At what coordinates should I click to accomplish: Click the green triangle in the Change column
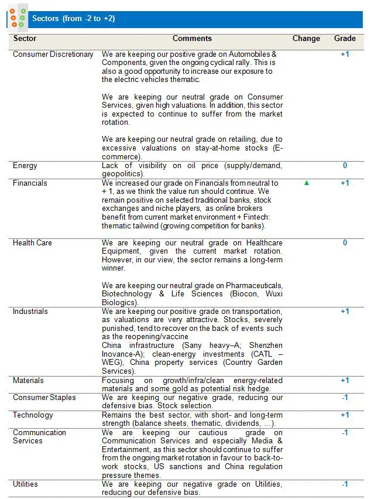(306, 183)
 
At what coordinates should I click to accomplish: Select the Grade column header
(345, 39)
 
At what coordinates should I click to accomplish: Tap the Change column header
(306, 39)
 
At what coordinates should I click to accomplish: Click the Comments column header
(192, 39)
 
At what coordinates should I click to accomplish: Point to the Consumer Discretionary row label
(53, 54)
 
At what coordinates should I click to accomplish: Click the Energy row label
(25, 166)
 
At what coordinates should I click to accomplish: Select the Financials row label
(30, 183)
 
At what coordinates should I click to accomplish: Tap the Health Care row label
(32, 243)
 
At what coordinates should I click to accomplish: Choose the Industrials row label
(30, 312)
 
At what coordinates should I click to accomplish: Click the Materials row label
(28, 381)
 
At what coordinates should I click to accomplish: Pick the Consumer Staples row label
(44, 398)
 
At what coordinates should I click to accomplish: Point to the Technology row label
(33, 415)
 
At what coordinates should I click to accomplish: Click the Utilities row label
(25, 484)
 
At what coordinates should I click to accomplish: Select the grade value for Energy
(345, 166)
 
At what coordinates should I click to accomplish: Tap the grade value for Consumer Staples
(345, 398)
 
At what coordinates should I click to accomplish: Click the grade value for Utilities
(345, 484)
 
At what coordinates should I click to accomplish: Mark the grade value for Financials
(345, 183)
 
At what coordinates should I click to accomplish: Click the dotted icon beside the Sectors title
(18, 18)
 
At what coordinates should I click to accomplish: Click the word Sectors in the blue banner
(45, 19)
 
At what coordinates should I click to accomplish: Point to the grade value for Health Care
(345, 243)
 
